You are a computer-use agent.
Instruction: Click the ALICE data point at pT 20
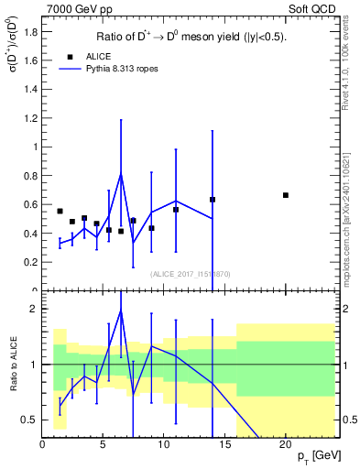[286, 195]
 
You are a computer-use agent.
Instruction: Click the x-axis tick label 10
[164, 444]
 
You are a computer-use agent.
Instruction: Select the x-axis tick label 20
[286, 444]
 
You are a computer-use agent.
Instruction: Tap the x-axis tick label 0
[42, 444]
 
